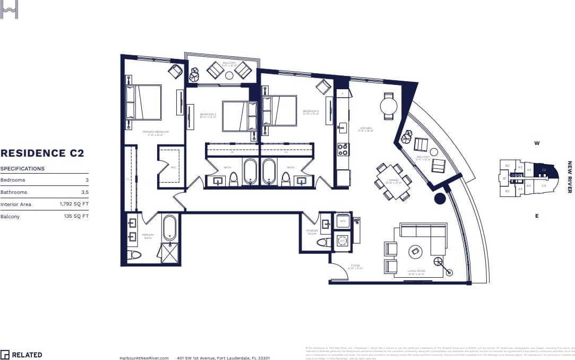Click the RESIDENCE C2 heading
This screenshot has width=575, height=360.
pos(42,153)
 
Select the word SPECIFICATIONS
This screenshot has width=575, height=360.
pos(22,169)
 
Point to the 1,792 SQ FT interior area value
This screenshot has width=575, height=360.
pos(74,204)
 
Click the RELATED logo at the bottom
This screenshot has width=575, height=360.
pos(21,355)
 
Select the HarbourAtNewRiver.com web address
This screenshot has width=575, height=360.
pos(144,358)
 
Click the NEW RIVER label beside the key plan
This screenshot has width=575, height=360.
pos(570,177)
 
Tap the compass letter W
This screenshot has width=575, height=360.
pos(537,143)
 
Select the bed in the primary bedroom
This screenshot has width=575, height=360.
pos(143,102)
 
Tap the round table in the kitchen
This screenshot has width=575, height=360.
pos(389,106)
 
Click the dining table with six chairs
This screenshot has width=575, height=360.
pos(393,181)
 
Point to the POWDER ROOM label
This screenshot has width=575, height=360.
pos(312,233)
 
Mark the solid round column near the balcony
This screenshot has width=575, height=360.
pos(440,199)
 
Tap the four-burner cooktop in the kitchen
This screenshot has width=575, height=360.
pos(343,149)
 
